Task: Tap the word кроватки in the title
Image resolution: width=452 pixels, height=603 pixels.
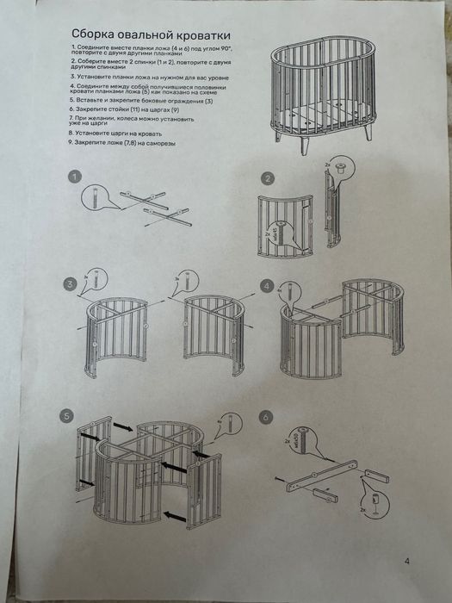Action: tap(203, 33)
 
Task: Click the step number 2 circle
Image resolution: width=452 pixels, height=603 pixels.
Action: tap(268, 178)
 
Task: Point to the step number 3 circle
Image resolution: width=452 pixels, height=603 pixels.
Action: tap(69, 284)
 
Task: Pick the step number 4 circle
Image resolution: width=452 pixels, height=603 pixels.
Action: tap(268, 284)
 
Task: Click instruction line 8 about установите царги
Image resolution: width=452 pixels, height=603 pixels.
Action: tap(119, 134)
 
